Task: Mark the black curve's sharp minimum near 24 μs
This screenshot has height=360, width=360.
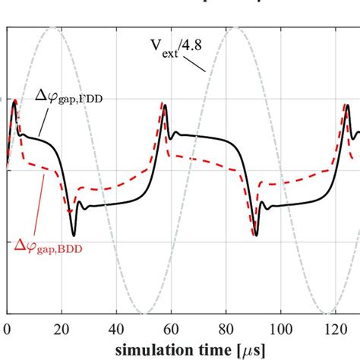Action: (x=74, y=235)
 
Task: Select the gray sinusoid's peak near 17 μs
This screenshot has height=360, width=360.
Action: (x=52, y=28)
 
